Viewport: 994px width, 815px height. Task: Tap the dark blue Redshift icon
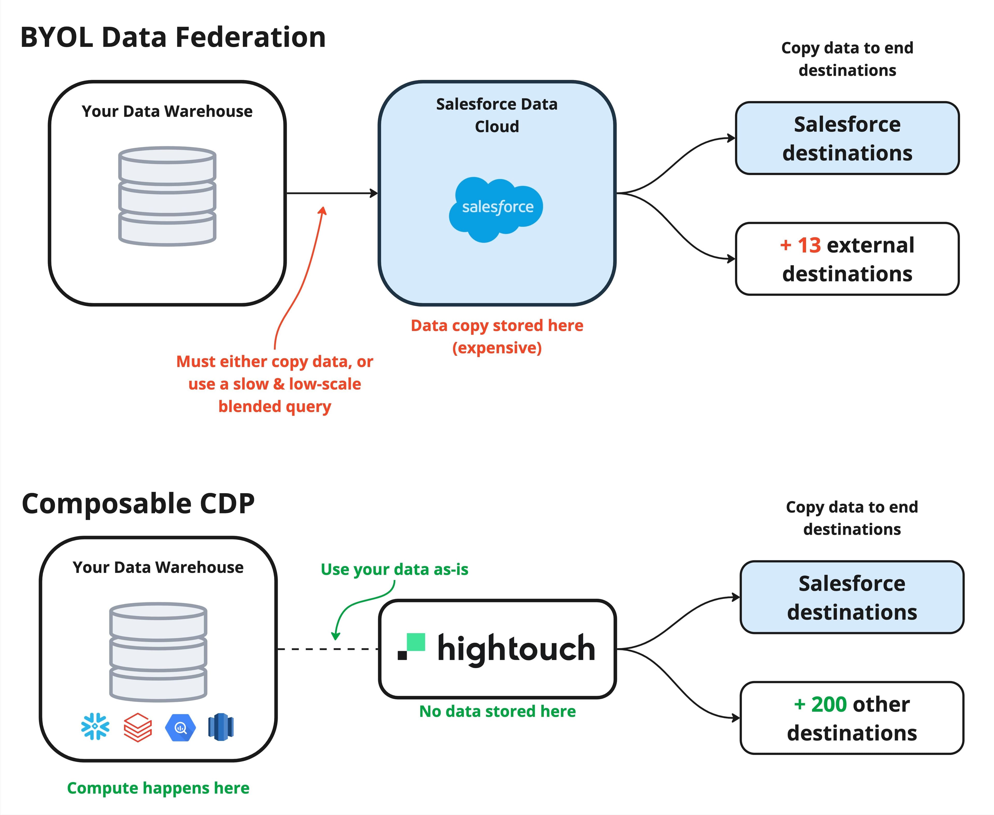pos(221,727)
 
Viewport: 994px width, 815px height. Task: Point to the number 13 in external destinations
pos(809,245)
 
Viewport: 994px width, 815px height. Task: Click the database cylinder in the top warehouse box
pos(167,196)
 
